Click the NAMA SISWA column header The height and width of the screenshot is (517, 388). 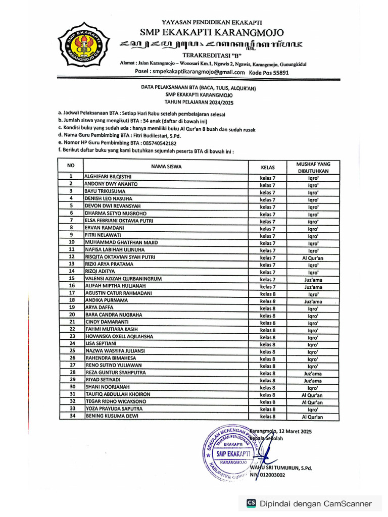coord(166,167)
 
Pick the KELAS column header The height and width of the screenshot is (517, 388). coord(267,167)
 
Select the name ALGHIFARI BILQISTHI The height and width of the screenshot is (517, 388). coord(108,177)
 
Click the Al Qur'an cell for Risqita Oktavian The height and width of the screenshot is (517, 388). coord(313,257)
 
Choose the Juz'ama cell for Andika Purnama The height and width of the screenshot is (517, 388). coord(313,301)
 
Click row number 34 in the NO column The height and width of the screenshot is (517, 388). coord(72,416)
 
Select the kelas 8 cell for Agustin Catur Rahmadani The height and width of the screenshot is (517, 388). coord(267,293)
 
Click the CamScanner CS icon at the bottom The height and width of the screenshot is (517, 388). coord(251,503)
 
